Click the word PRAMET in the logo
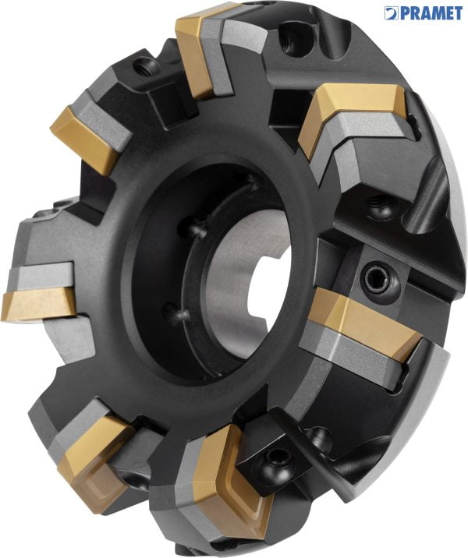pyautogui.click(x=433, y=13)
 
